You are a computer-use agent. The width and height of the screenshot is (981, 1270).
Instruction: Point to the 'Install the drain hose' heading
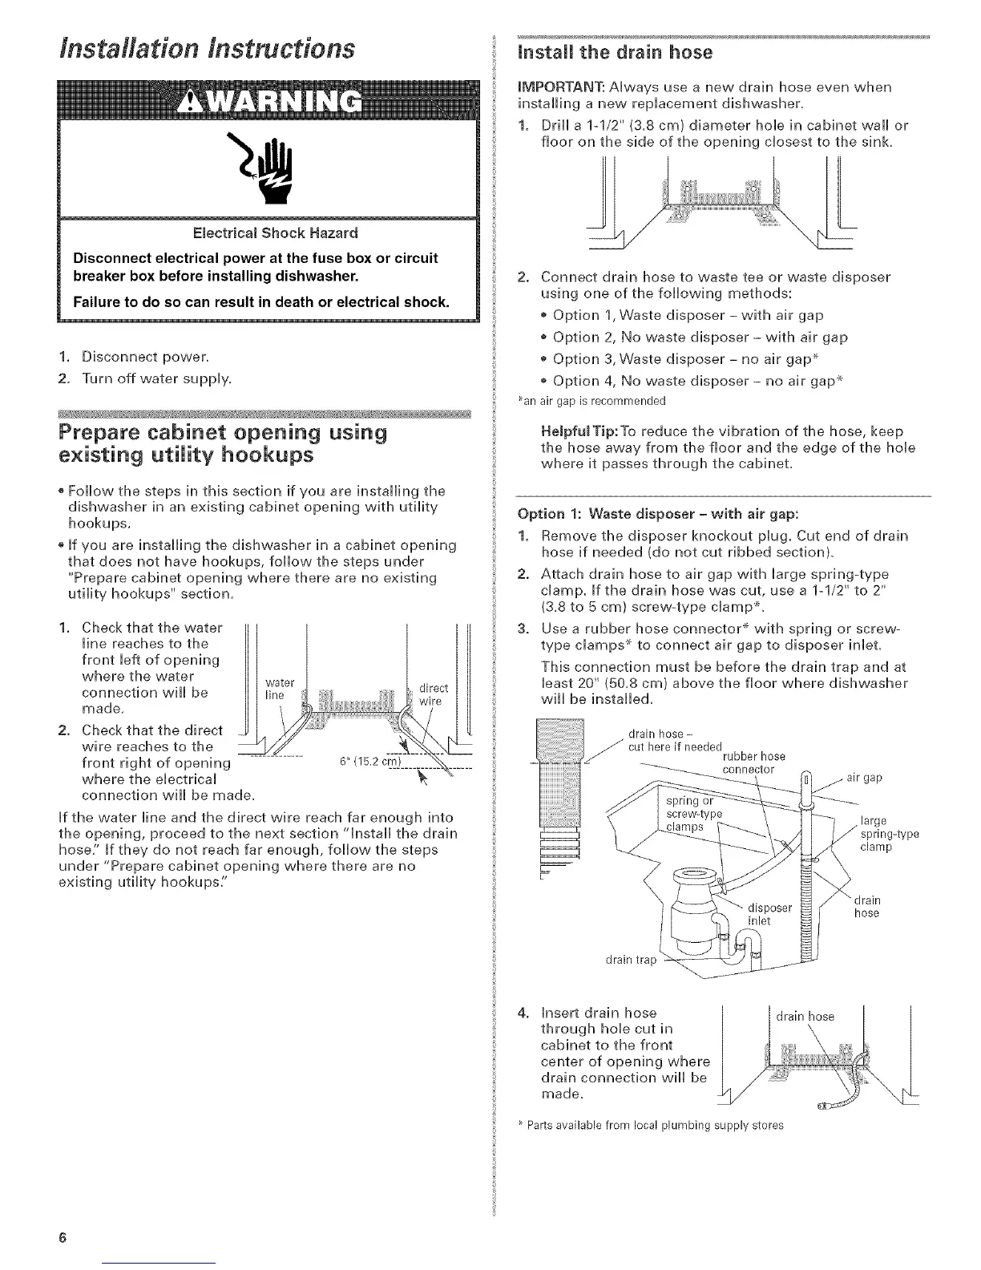pos(616,53)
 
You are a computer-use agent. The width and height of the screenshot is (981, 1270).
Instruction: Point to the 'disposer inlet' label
pos(769,914)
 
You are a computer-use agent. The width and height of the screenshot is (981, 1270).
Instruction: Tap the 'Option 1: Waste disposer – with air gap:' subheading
pos(648,513)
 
